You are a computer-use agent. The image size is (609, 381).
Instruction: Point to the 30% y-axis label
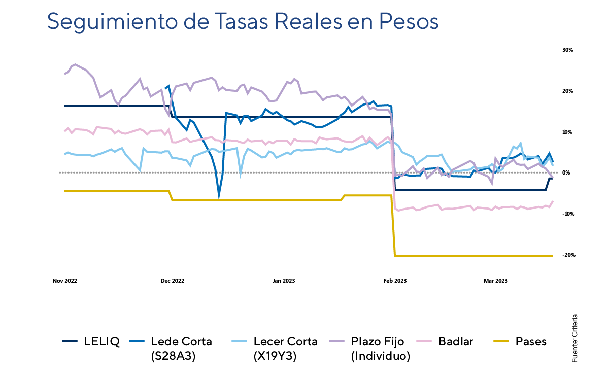(x=567, y=50)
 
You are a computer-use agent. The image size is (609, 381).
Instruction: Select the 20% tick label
(x=567, y=91)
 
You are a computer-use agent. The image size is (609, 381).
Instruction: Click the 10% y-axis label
(x=567, y=132)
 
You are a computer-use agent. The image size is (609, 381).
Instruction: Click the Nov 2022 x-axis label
(x=65, y=281)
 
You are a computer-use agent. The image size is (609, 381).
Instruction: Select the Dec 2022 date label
(x=172, y=281)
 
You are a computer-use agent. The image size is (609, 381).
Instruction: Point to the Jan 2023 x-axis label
(x=284, y=281)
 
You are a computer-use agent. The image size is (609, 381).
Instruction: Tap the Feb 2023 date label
(x=395, y=281)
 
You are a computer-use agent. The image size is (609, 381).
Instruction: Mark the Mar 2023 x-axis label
(x=495, y=281)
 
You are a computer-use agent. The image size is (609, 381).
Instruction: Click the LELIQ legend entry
(x=102, y=341)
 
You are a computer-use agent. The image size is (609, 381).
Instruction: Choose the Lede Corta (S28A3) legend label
(x=181, y=349)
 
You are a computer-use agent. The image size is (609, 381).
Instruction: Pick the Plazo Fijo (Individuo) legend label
(x=381, y=349)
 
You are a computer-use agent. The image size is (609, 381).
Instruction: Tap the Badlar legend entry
(x=456, y=341)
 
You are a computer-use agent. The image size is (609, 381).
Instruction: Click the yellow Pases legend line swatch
(x=501, y=341)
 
